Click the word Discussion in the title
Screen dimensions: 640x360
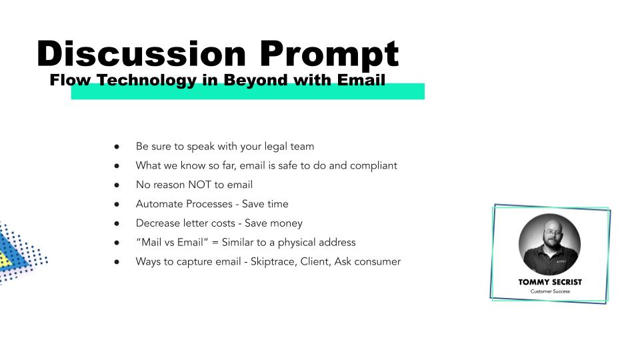coord(141,53)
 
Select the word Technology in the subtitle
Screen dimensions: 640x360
coord(147,81)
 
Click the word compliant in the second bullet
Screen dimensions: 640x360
coord(373,166)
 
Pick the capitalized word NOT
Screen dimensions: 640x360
coord(199,185)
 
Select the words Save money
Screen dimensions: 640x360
coord(273,223)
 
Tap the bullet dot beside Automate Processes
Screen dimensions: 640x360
coord(117,204)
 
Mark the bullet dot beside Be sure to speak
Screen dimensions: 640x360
coord(117,147)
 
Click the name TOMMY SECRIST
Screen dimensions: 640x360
coord(550,282)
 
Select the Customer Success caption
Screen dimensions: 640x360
coord(550,291)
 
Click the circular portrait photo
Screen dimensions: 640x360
coord(549,244)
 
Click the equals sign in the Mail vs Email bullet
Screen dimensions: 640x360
coord(215,243)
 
